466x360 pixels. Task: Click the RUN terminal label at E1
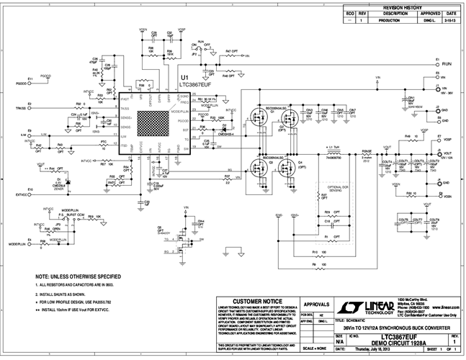[446, 63]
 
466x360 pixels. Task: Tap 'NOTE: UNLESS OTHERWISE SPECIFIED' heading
[78, 276]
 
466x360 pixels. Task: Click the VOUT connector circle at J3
[436, 153]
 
